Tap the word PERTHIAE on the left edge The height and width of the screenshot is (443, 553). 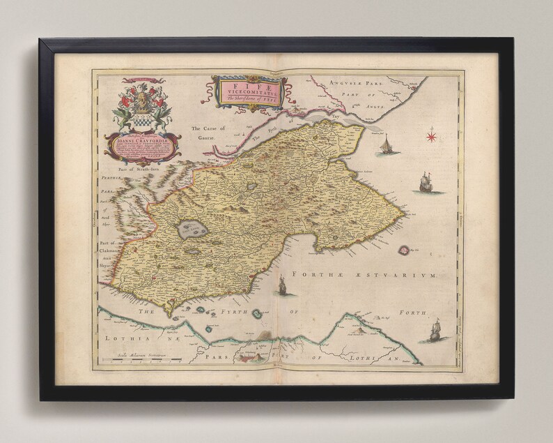[x=107, y=179]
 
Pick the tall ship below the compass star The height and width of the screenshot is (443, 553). [x=424, y=183]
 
